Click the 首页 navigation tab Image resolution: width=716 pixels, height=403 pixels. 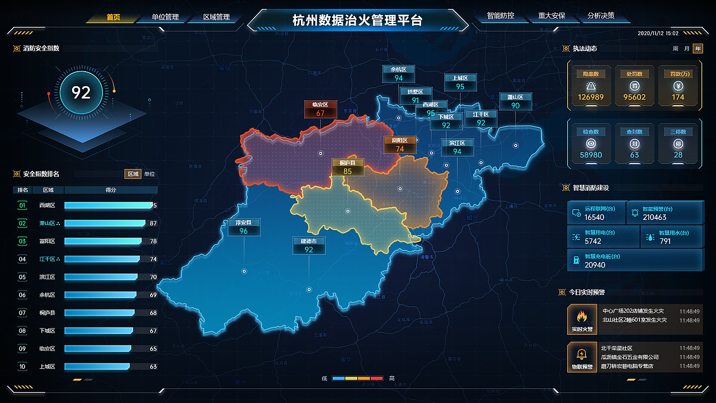coord(113,17)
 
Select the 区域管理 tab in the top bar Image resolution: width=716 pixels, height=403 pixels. coord(216,17)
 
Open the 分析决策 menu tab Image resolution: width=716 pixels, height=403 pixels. coord(601,16)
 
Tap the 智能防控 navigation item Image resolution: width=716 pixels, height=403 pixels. coord(500,16)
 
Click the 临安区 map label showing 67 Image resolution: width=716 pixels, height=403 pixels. coord(320,109)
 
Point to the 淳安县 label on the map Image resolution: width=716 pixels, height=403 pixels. coord(244,227)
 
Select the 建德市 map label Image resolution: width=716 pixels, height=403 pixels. coord(309,245)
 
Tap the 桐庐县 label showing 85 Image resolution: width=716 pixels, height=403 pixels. coord(347,167)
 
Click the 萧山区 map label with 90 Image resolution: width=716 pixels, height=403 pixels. coord(515,101)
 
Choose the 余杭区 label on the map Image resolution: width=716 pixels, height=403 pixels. coord(398,74)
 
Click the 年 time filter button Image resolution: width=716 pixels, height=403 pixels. coord(698,49)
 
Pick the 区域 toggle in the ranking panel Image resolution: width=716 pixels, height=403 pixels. coord(133,174)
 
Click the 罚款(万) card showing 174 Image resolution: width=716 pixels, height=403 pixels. coord(678,86)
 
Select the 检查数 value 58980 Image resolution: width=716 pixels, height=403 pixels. coord(591,155)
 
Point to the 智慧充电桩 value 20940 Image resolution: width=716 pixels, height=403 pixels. coord(595,265)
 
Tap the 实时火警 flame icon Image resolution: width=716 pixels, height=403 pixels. coord(582,317)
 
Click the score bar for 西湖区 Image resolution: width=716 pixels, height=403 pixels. coord(109,205)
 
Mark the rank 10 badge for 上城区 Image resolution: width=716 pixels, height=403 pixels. coord(22,367)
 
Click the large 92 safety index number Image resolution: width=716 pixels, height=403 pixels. coord(81,92)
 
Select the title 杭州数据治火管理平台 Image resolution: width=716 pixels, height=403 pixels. coord(357,21)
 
